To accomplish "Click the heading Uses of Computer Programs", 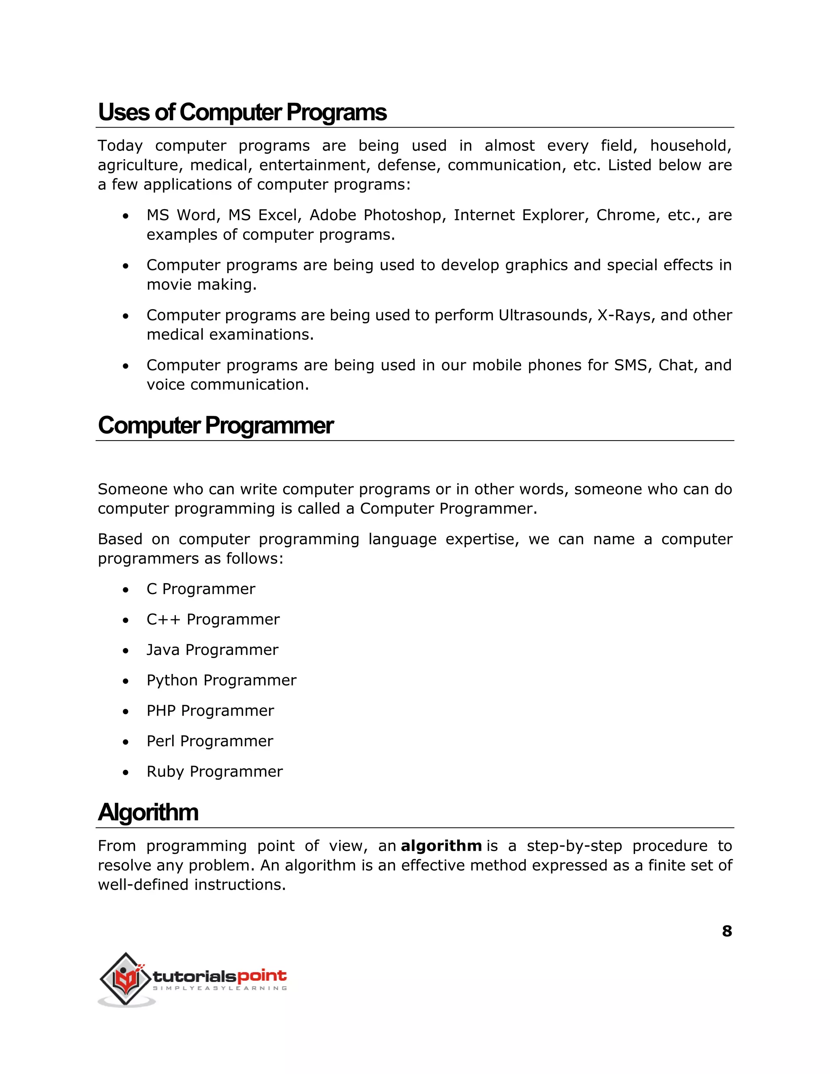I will tap(242, 112).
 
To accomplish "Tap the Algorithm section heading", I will tap(148, 812).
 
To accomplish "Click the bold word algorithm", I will tap(441, 846).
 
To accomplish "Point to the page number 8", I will tap(727, 931).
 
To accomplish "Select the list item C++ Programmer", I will tap(213, 619).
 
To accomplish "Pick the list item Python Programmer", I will tap(221, 680).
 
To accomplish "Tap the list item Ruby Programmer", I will tap(214, 772).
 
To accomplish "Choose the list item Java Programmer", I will tap(212, 650).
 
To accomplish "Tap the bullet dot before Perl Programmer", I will tap(126, 742).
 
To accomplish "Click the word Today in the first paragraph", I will tap(120, 146).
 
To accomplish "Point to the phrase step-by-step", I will tap(574, 846).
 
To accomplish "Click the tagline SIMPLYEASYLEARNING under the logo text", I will tap(220, 988).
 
